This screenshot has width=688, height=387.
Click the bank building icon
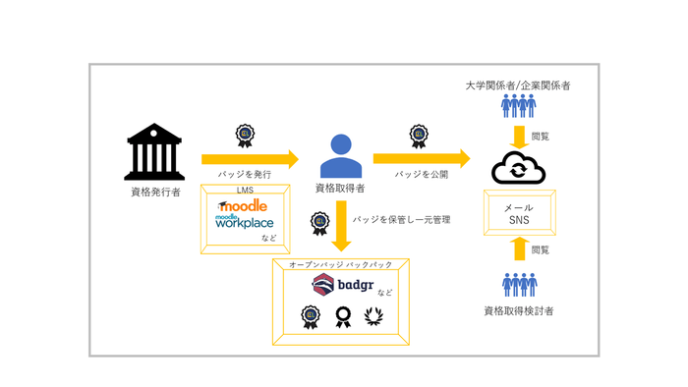155,152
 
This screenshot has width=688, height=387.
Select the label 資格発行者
155,192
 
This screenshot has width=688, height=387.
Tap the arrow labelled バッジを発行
249,158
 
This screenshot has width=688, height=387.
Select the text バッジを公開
421,173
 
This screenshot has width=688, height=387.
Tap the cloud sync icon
518,169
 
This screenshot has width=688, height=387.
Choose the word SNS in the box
518,221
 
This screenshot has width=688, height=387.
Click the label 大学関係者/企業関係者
518,85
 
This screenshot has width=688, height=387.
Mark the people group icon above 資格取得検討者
518,285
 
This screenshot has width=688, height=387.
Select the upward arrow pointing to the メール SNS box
518,251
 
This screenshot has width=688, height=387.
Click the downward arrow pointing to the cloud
518,136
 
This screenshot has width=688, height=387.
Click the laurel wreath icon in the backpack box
373,316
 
